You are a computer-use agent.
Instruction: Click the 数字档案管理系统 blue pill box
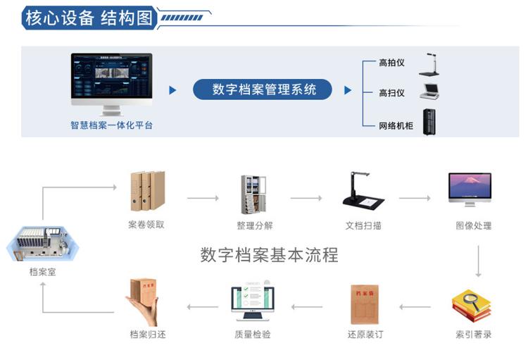click(263, 89)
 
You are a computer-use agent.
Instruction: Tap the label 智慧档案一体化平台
click(112, 125)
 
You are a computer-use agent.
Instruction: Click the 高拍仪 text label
click(391, 63)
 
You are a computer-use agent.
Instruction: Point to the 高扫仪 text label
click(391, 93)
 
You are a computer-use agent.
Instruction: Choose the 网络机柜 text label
click(396, 126)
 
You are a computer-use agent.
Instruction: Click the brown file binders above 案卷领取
click(147, 191)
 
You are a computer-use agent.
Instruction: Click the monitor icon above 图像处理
click(470, 190)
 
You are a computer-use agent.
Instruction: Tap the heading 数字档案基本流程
click(270, 254)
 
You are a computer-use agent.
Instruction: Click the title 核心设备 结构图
click(89, 18)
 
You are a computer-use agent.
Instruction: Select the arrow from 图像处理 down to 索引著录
click(479, 261)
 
